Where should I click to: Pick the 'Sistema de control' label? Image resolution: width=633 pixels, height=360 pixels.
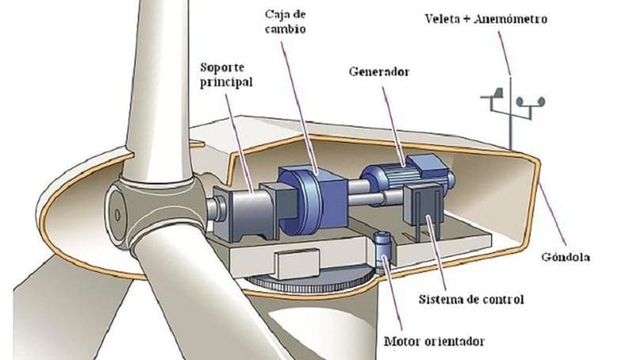[471, 299]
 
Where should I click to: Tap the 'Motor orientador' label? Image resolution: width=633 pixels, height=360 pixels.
[434, 343]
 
